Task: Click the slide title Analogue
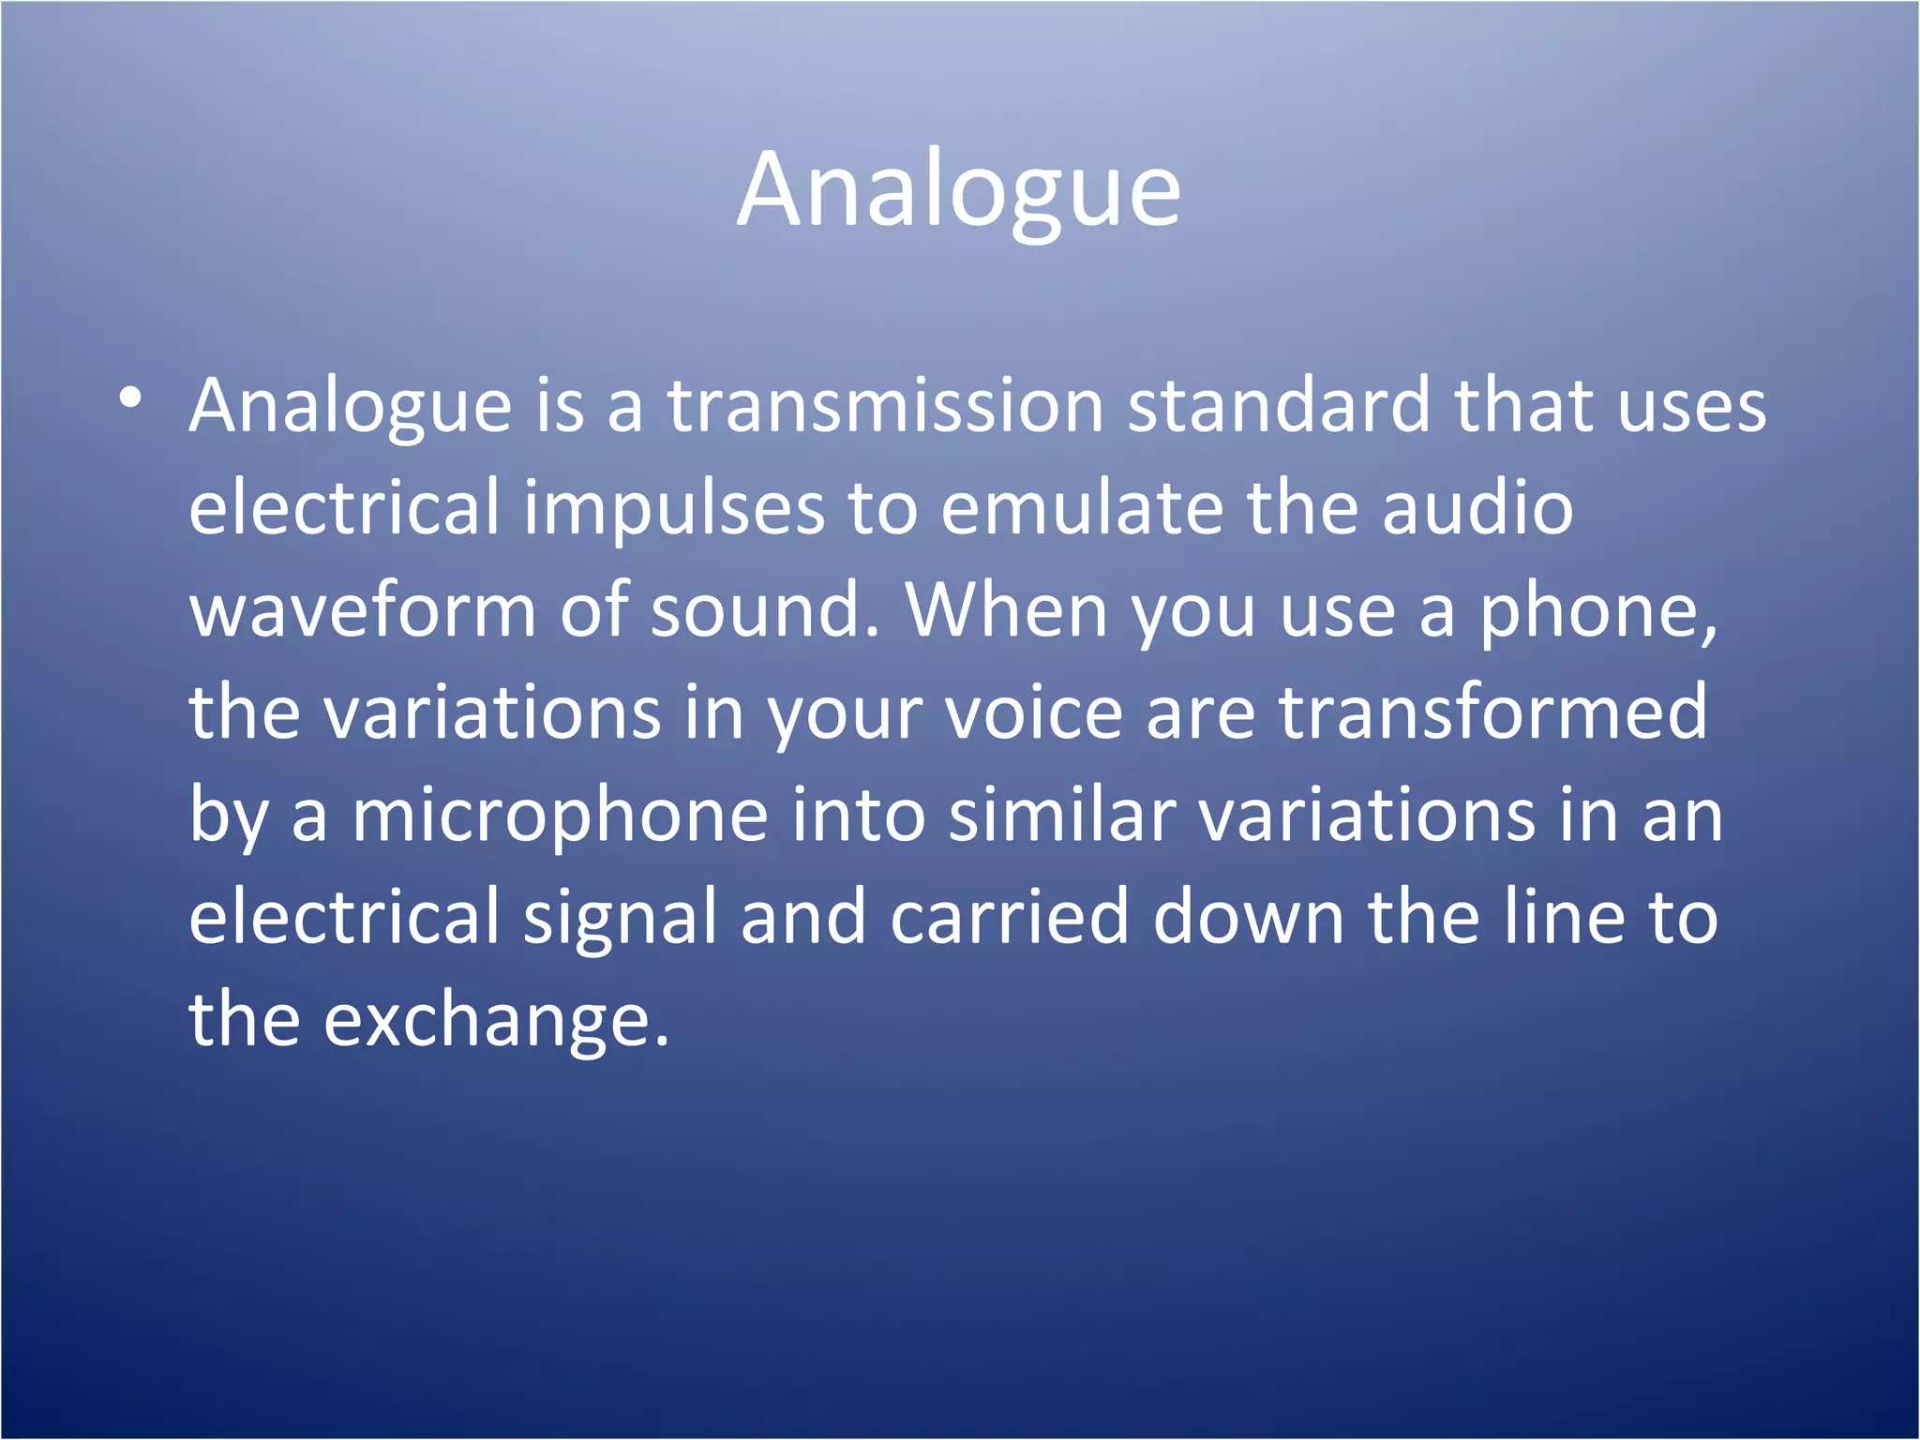click(x=958, y=190)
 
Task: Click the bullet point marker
click(x=131, y=399)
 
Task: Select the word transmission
click(x=885, y=407)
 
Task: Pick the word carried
click(x=1009, y=917)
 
